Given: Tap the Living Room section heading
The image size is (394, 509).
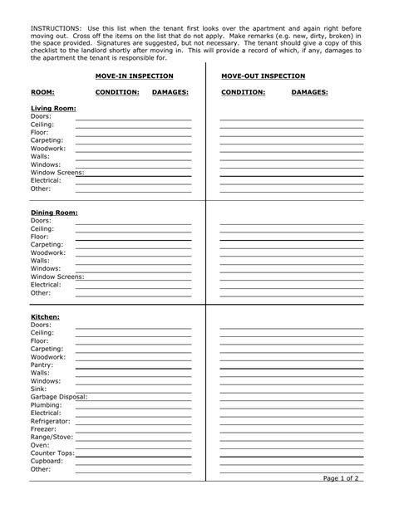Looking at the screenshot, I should tap(53, 109).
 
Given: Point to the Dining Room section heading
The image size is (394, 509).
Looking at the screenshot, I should tap(54, 213).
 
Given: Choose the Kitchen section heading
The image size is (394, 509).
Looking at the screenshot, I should tap(46, 316).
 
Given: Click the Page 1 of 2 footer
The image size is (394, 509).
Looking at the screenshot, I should tap(342, 479).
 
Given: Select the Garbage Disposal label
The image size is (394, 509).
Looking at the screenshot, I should tap(58, 397).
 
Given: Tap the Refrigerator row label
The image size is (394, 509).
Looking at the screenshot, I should tap(51, 421).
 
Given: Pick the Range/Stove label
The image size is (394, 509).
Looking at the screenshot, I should tap(52, 437).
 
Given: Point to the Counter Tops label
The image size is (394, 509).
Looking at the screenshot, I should tap(52, 453).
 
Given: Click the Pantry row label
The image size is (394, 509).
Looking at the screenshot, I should tap(42, 365).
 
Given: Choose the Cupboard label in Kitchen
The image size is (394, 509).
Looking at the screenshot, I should tap(47, 461).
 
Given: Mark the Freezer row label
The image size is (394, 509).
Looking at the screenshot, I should tap(44, 428).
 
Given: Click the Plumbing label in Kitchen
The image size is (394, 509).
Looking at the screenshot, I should tap(47, 404).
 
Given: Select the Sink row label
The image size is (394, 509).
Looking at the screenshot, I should tap(38, 389).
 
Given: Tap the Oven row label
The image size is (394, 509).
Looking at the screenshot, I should tap(40, 445).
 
